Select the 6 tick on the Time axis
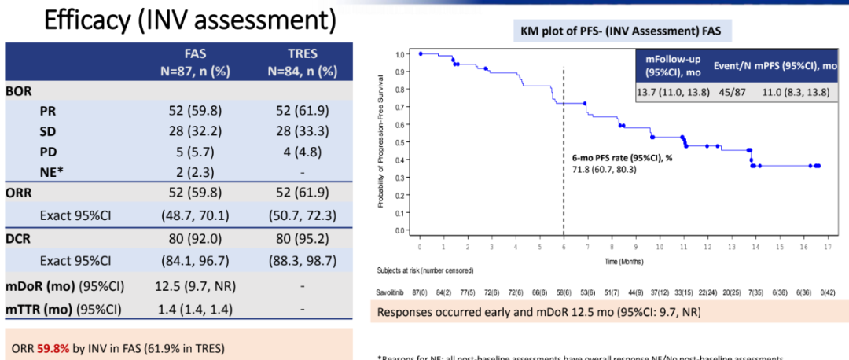click(x=563, y=246)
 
